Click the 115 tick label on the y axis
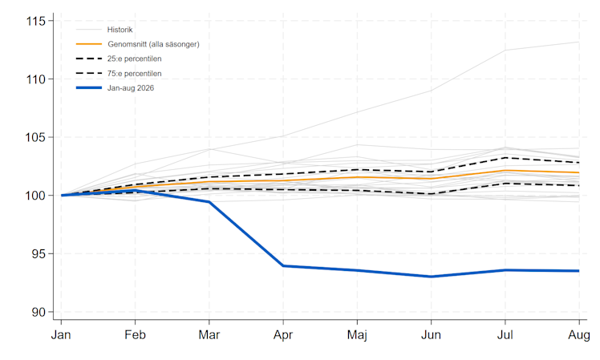point(35,21)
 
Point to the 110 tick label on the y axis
point(35,79)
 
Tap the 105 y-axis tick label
point(35,137)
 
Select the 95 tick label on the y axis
point(39,253)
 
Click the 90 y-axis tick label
point(39,312)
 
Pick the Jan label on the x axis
point(61,335)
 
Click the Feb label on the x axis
point(135,335)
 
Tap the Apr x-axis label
point(283,335)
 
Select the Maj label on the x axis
point(357,335)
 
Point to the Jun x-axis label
point(431,335)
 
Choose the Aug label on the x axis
point(579,335)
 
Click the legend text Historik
point(120,30)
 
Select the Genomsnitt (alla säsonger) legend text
point(153,44)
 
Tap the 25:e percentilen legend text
point(134,59)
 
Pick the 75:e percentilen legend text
point(134,74)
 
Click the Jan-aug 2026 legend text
point(131,88)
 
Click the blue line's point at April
point(283,265)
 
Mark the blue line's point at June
point(432,277)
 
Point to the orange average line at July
point(505,170)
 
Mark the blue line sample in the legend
point(89,88)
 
